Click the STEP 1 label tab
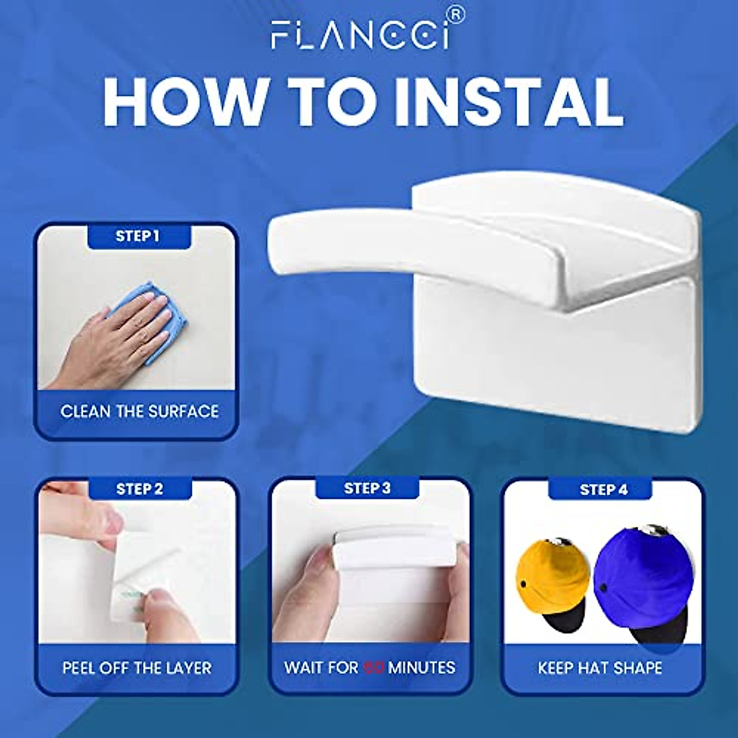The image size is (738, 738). pyautogui.click(x=138, y=236)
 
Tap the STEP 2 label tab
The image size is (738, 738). pyautogui.click(x=140, y=490)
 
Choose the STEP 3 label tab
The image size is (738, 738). pyautogui.click(x=367, y=488)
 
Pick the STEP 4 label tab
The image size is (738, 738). pyautogui.click(x=603, y=490)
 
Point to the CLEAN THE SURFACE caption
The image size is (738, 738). pyautogui.click(x=139, y=411)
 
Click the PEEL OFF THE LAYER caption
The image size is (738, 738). pyautogui.click(x=137, y=668)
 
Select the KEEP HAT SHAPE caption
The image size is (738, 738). pyautogui.click(x=600, y=668)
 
